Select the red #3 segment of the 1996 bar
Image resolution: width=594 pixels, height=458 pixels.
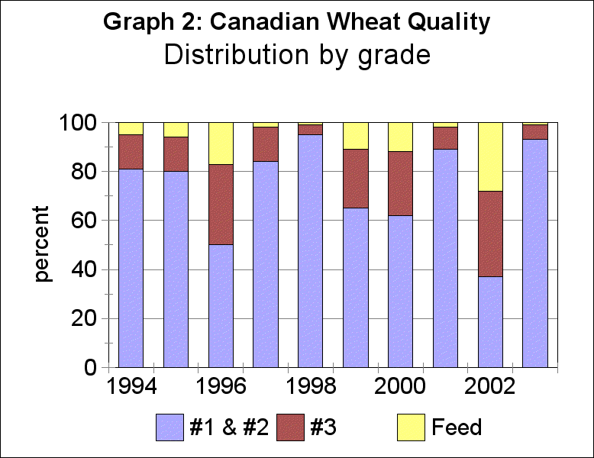(x=221, y=204)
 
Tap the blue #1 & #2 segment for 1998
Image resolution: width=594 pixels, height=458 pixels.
(x=310, y=250)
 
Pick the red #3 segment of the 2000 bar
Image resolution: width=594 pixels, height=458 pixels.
(x=400, y=183)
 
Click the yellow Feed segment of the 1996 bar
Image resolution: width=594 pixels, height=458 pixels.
(x=221, y=144)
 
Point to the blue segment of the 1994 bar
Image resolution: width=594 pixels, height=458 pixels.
(x=131, y=267)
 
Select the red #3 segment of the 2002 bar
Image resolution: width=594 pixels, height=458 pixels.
(x=490, y=234)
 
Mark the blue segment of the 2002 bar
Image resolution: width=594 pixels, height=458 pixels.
(x=490, y=321)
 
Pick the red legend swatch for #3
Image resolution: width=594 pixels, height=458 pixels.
(x=291, y=427)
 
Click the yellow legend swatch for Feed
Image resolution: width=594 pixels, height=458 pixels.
(x=409, y=427)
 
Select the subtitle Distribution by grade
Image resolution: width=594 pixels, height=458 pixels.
(x=297, y=55)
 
